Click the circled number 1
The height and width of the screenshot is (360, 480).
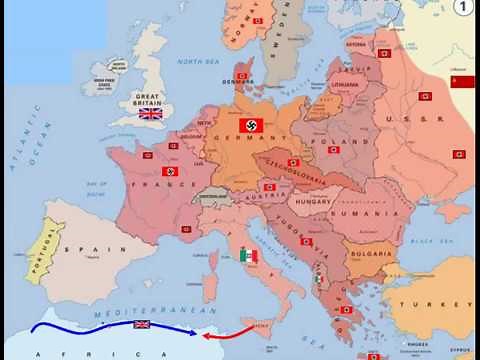463,8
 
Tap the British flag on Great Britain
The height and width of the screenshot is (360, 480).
151,114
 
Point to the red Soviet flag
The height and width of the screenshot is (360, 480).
462,82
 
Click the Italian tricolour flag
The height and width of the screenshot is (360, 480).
248,256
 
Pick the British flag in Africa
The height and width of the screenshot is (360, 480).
142,325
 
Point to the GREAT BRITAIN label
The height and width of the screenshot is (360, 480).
151,99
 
